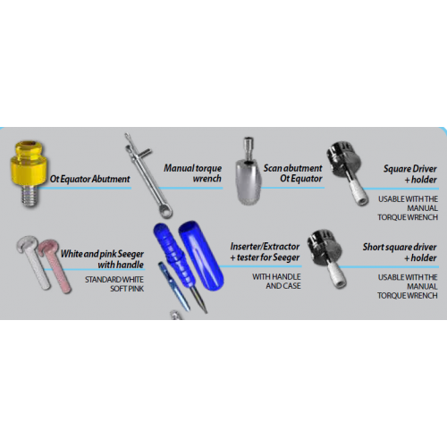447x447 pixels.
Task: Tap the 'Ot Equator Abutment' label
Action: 89,179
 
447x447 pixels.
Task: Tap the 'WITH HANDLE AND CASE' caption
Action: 276,281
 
